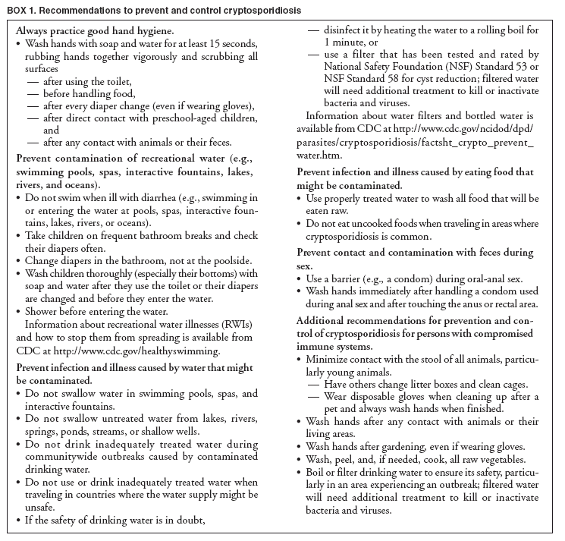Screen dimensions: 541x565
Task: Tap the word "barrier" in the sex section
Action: coord(360,281)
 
